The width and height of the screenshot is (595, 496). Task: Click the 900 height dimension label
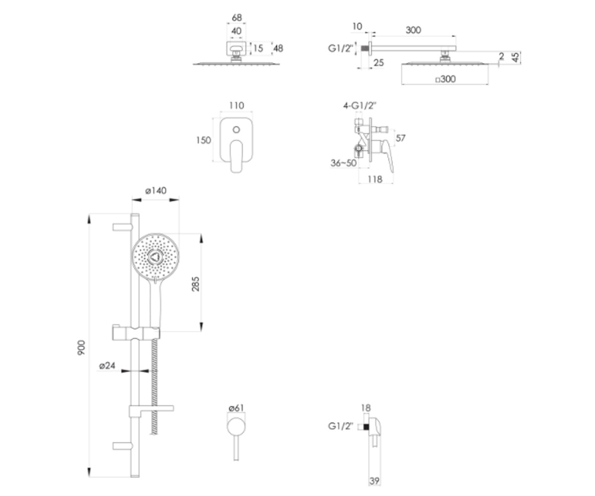pos(81,348)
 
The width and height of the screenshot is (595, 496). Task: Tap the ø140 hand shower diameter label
pos(156,190)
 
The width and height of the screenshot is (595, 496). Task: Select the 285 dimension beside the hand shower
pos(195,284)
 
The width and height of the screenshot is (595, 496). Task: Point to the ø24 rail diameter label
pos(108,366)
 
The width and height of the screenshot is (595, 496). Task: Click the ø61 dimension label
pos(237,408)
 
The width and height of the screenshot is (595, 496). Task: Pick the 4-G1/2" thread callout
pos(359,106)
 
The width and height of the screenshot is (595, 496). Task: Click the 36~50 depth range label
pos(344,163)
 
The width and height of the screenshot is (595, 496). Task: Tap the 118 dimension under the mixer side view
pos(375,179)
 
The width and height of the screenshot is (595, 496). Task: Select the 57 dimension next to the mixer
pos(401,138)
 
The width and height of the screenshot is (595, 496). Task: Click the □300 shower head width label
pos(446,79)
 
